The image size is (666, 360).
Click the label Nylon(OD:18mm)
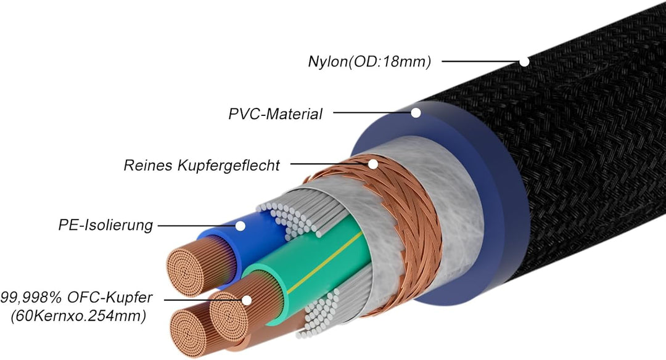[x=369, y=62]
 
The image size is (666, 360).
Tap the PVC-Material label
[x=275, y=113]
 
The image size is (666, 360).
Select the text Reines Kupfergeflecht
[x=202, y=165]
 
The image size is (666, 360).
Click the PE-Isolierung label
[x=102, y=225]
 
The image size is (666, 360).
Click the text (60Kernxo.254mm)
[x=78, y=316]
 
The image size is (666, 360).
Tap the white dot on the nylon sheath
[x=524, y=62]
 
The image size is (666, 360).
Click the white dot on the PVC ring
[x=416, y=113]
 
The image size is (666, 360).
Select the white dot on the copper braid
[x=372, y=164]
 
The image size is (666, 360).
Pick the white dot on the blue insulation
[x=240, y=226]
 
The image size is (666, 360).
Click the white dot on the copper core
[x=247, y=300]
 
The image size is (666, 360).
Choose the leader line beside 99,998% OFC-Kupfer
[x=203, y=300]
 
